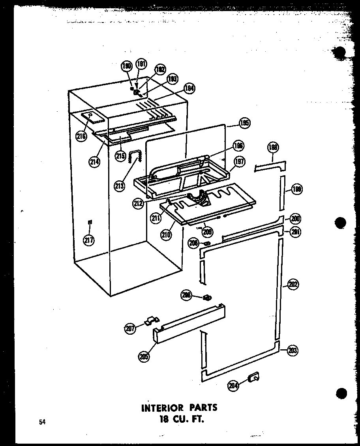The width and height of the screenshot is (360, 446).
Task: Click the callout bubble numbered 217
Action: (x=89, y=240)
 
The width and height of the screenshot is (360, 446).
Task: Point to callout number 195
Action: (x=244, y=124)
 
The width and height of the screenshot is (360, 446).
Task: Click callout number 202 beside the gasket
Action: (x=293, y=285)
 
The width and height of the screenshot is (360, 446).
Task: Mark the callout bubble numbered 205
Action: (x=143, y=356)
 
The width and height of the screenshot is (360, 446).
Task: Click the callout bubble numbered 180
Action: (x=126, y=67)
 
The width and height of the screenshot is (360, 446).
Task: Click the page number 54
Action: (x=42, y=422)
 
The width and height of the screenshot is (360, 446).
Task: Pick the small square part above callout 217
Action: (x=90, y=222)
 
